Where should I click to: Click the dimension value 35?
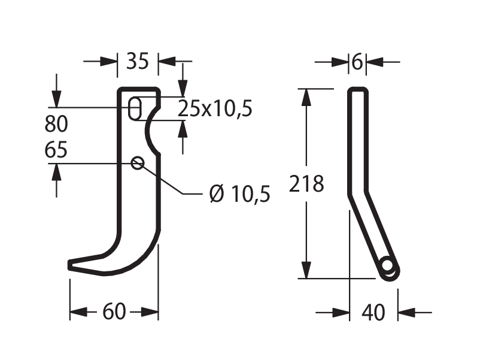click(138, 61)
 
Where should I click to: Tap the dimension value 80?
click(56, 124)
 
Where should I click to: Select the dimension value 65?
click(56, 150)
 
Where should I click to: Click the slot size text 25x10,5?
click(215, 108)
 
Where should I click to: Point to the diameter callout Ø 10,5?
click(239, 193)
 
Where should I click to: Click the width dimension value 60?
click(114, 311)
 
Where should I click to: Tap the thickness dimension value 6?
click(357, 62)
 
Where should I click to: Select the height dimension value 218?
click(306, 184)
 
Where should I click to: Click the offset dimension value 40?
click(373, 313)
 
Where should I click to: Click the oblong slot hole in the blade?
click(135, 109)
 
